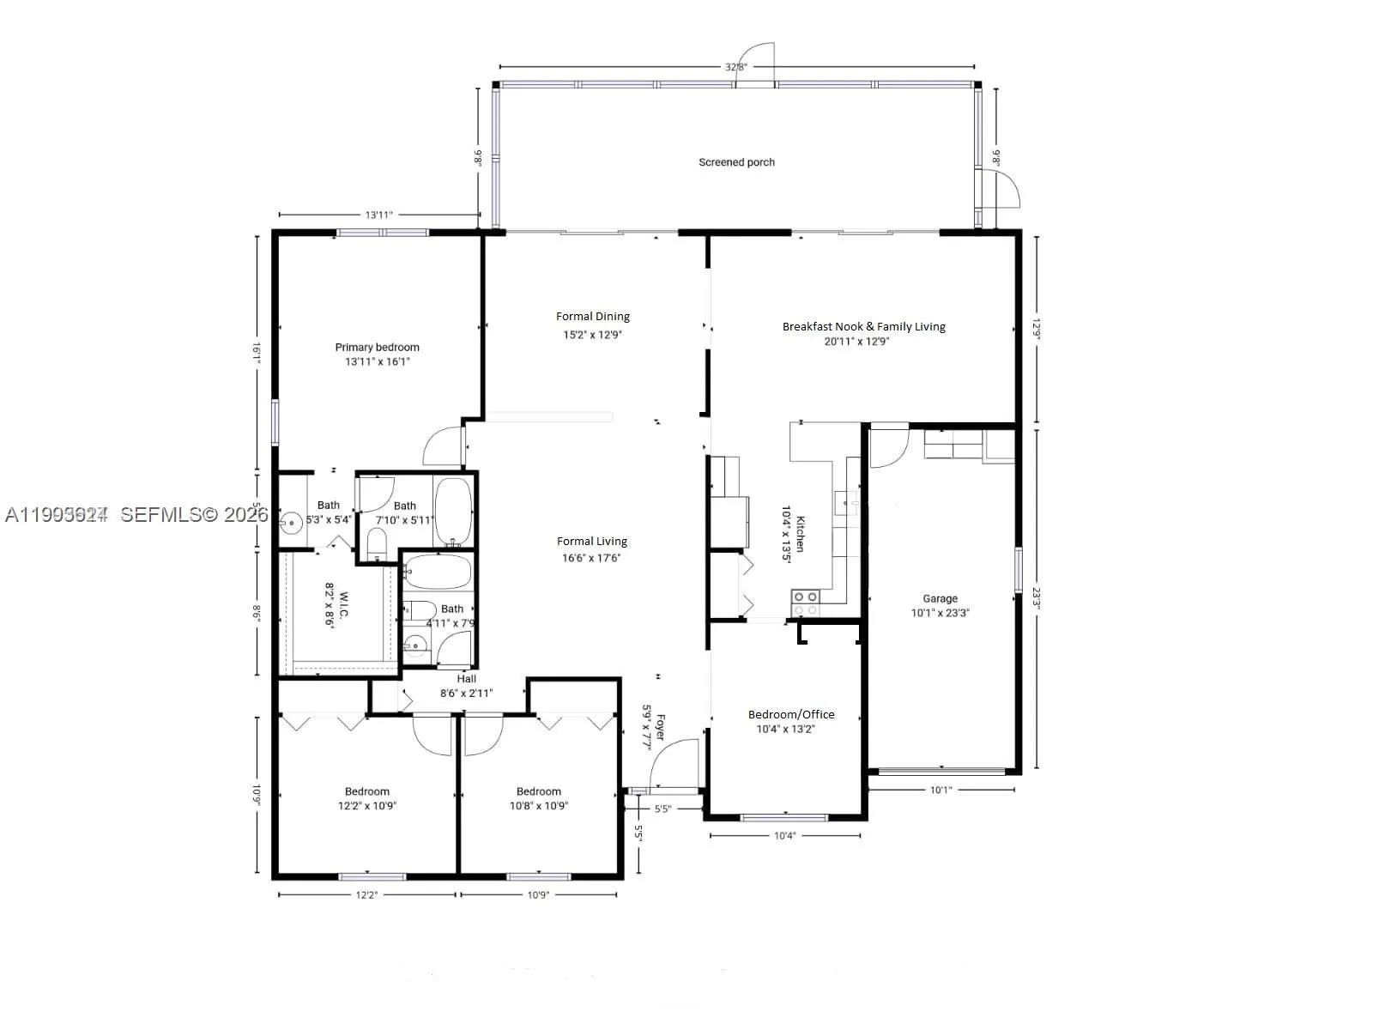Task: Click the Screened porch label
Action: click(736, 162)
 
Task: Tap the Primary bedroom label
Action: click(377, 348)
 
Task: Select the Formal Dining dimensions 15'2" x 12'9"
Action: click(592, 335)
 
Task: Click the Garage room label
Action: click(940, 598)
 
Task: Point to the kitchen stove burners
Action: click(805, 603)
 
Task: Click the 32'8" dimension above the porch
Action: click(736, 67)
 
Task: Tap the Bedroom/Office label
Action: click(790, 714)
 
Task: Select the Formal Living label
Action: click(591, 541)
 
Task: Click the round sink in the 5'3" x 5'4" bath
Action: click(291, 520)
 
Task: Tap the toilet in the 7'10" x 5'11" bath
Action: click(376, 543)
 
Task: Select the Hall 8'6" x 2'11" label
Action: click(466, 686)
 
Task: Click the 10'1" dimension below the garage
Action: click(941, 790)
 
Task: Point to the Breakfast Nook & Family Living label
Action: click(863, 326)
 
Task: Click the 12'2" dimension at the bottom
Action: click(366, 895)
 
